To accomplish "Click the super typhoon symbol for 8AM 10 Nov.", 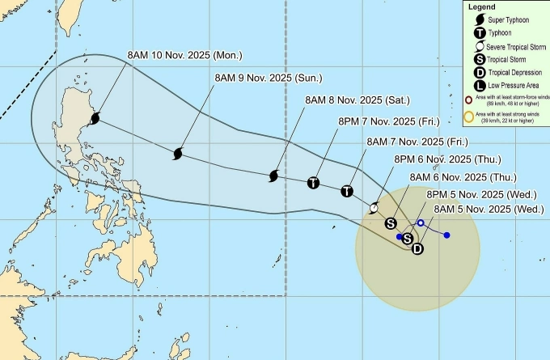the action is coord(95,119).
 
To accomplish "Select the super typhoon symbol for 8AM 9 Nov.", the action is coord(178,153).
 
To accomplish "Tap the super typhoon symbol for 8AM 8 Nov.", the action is coord(273,176).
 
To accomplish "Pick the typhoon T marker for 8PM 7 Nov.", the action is coord(313,183).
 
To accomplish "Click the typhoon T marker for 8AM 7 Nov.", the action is coord(347,192).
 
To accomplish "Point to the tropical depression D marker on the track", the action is coord(417,248).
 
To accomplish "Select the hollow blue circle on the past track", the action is coord(421,223).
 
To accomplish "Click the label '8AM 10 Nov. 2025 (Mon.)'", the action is coord(185,56).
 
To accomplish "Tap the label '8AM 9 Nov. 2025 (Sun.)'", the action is coord(267,78).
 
